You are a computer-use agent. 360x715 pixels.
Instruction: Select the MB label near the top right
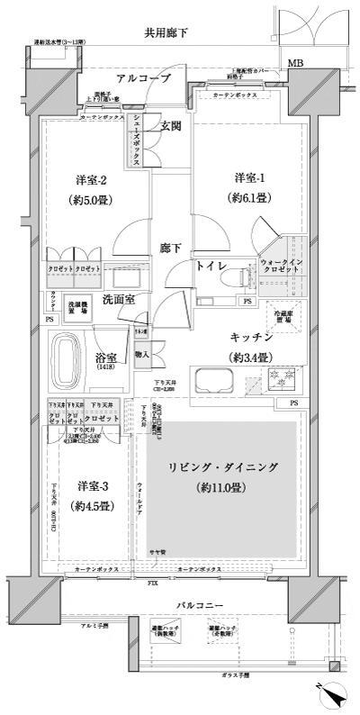click(x=294, y=64)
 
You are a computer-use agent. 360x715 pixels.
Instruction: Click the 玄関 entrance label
click(x=172, y=126)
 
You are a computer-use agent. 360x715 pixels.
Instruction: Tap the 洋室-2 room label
click(x=82, y=176)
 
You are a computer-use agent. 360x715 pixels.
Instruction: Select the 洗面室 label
click(x=118, y=298)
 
